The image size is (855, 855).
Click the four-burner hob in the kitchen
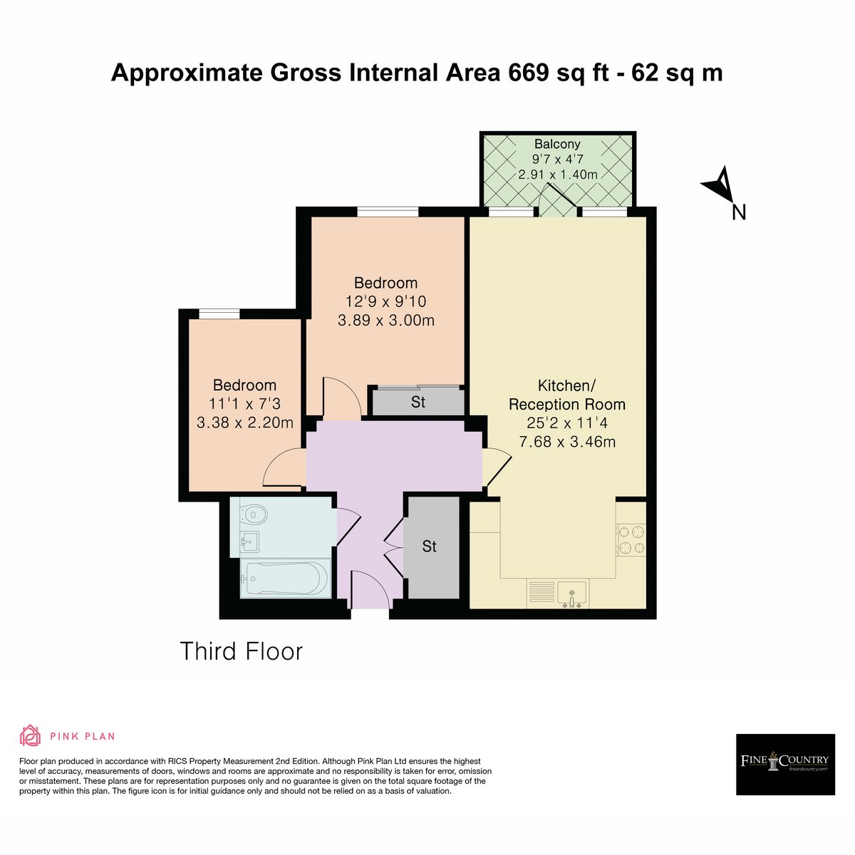point(631,539)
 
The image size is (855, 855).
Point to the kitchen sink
point(572,593)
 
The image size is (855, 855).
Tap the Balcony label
point(557,144)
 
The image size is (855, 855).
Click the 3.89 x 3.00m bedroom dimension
point(385,320)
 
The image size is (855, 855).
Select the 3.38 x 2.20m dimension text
point(244,422)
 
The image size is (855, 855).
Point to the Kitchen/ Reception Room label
point(566,395)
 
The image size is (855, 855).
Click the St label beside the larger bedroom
point(418,402)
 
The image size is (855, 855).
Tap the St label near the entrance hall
point(429,546)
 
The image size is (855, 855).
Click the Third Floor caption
point(241,651)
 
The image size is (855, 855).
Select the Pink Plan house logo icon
point(30,735)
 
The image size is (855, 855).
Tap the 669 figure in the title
point(529,73)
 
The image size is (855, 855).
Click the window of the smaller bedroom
point(219,313)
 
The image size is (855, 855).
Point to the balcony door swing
point(558,200)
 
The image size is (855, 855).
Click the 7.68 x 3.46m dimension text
point(567,442)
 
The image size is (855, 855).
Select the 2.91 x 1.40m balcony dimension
point(558,174)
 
